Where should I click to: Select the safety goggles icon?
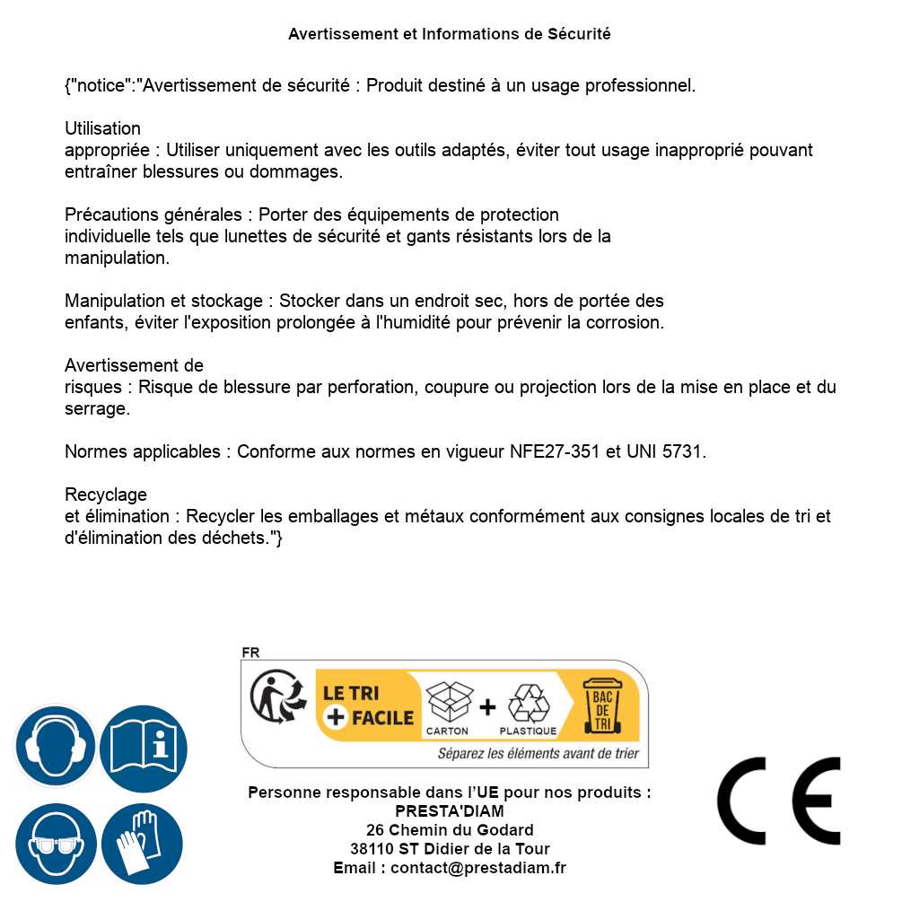click(x=55, y=845)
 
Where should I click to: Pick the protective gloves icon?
click(x=144, y=845)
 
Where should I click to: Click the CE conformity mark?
click(x=778, y=801)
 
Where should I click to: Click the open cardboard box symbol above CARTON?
click(x=447, y=703)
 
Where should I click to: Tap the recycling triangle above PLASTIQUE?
click(x=528, y=703)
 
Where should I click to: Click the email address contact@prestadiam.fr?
click(x=477, y=868)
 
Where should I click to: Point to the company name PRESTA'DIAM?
click(x=450, y=811)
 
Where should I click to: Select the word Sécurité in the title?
click(x=579, y=34)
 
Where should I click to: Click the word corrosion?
click(x=628, y=323)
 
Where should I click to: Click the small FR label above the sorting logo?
click(x=250, y=653)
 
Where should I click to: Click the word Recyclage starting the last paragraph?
click(x=106, y=495)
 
